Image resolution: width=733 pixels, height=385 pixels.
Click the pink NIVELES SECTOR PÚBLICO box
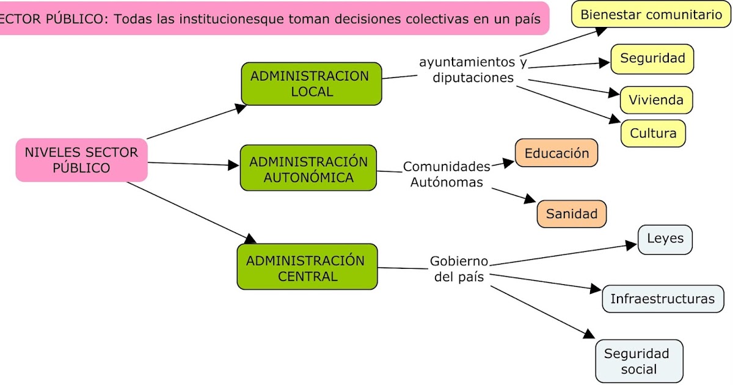[x=81, y=160]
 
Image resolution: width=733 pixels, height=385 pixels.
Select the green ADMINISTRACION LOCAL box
[x=312, y=84]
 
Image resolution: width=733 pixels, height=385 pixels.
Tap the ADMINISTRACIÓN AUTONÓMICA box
[x=308, y=168]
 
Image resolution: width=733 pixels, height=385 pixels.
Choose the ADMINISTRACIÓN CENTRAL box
[x=307, y=267]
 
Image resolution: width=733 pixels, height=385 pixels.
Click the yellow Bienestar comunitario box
[x=651, y=15]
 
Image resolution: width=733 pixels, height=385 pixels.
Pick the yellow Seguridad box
[x=652, y=59]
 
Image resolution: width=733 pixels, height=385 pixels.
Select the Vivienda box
[x=656, y=100]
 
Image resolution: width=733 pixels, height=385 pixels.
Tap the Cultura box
[x=653, y=133]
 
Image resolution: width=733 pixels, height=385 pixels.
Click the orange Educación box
[x=556, y=153]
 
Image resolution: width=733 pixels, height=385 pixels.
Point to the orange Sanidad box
[x=572, y=214]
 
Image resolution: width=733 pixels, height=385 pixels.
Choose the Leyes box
[x=665, y=239]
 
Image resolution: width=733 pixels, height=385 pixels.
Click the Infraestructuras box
[x=663, y=299]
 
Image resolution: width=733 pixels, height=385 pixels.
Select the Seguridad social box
[x=639, y=361]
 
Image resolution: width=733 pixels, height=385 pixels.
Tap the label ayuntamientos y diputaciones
[x=473, y=70]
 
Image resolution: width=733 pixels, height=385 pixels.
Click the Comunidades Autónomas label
[x=447, y=174]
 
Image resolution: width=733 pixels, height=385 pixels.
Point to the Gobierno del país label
[x=459, y=269]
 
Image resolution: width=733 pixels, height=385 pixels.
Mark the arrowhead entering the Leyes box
[x=632, y=245]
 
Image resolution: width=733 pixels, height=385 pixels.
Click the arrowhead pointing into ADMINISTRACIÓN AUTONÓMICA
[x=233, y=165]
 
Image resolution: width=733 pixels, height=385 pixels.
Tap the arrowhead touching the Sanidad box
[x=529, y=199]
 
